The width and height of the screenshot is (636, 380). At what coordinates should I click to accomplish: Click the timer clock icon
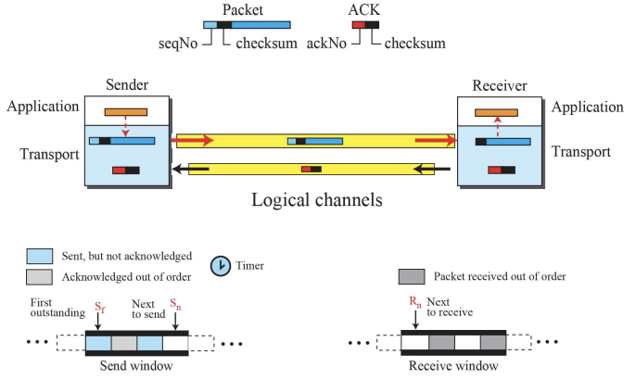(221, 265)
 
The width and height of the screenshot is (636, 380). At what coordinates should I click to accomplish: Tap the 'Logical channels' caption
(317, 199)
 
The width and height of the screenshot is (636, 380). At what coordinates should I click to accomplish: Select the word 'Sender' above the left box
(127, 84)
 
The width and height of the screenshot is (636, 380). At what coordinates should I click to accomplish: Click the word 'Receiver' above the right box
(499, 84)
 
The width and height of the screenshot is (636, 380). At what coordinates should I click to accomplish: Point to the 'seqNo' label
(175, 43)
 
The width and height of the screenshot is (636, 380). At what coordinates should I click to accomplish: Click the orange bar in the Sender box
(126, 113)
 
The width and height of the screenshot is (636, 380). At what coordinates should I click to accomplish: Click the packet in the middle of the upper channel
(315, 141)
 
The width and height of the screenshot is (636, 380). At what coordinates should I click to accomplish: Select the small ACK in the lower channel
(312, 169)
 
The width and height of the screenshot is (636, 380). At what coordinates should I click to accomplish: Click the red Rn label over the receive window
(415, 302)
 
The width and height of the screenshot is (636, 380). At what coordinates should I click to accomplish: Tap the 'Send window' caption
(135, 366)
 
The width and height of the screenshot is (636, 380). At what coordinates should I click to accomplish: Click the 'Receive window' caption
(453, 366)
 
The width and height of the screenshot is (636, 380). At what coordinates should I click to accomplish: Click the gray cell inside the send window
(123, 342)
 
